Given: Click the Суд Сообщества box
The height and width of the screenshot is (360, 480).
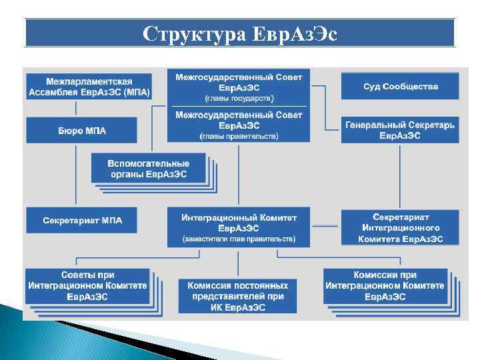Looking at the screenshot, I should [400, 87].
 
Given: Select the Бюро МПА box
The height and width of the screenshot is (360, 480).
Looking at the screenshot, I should [81, 130].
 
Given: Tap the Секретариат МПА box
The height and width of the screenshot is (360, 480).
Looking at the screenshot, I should [81, 221].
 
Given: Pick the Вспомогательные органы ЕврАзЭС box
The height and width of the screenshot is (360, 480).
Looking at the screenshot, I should [149, 169].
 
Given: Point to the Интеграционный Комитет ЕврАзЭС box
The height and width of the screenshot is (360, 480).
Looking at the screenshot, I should [239, 222].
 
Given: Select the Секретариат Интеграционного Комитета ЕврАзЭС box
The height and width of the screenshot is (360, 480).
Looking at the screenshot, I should [400, 227].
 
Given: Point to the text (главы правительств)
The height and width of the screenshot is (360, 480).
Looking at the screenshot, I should [239, 136].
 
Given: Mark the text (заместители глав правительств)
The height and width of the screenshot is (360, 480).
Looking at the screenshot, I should [239, 238].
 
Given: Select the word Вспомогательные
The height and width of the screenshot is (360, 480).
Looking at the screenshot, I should [149, 163].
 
